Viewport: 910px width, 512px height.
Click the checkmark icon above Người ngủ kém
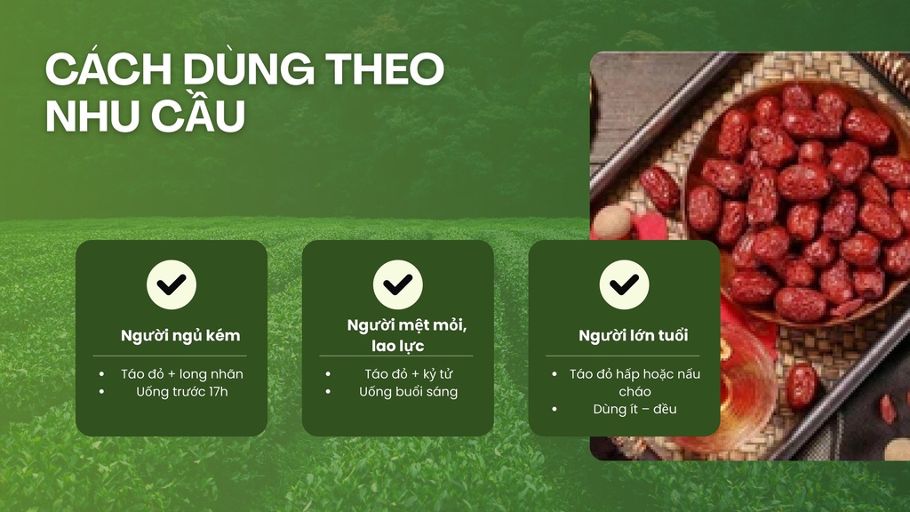pos(172,284)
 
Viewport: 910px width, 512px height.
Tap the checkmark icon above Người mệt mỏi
pos(398,284)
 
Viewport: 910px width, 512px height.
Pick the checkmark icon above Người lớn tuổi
pos(624,284)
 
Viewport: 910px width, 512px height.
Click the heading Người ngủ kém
pos(180,336)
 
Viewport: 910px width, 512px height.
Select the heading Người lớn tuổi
pos(634,336)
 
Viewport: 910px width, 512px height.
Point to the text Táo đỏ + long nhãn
pos(182,374)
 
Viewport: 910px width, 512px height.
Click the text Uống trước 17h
pos(182,391)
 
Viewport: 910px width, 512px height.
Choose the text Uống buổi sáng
pos(409,391)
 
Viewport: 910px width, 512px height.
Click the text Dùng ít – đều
pos(635,409)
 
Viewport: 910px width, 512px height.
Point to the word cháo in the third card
pos(635,391)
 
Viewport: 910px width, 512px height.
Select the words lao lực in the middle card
pos(398,345)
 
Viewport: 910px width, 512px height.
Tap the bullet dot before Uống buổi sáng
pos(329,391)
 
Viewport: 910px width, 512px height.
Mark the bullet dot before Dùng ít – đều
pos(555,409)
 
